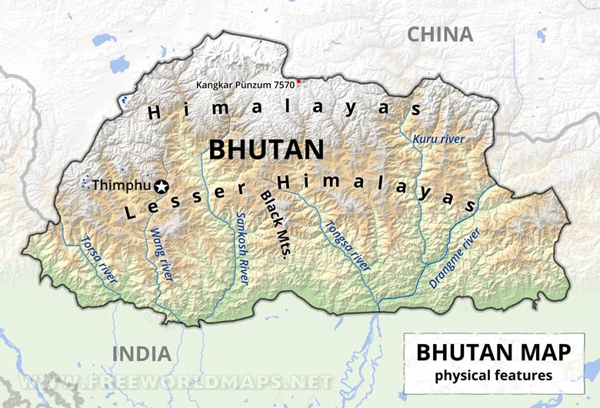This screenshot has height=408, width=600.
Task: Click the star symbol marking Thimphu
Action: click(161, 186)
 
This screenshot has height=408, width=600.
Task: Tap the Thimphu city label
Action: click(122, 186)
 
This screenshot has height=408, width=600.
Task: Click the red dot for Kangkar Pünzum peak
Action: click(299, 81)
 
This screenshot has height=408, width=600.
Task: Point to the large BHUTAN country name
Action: click(267, 149)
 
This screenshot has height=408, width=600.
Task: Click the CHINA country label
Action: click(439, 35)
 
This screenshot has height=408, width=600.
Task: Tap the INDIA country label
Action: click(142, 354)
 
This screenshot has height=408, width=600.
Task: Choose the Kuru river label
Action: click(438, 139)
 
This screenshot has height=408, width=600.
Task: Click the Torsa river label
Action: click(99, 259)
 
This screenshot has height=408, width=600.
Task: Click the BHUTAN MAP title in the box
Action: click(494, 353)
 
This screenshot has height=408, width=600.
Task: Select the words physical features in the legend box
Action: click(494, 376)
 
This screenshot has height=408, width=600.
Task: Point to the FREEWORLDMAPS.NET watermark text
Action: click(177, 382)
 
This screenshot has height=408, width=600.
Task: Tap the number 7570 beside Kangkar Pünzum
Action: click(282, 84)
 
